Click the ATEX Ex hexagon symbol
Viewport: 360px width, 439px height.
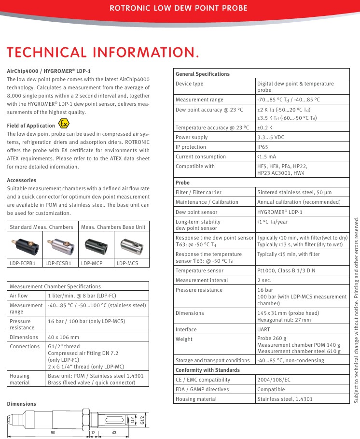(x=63, y=124)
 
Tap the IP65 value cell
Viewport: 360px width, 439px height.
(x=263, y=147)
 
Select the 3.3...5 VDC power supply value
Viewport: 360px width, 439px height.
(x=270, y=137)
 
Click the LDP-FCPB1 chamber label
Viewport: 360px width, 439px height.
(x=23, y=263)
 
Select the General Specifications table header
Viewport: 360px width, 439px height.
(x=203, y=74)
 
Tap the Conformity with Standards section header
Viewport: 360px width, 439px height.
(x=208, y=370)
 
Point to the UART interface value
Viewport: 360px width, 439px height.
(x=263, y=329)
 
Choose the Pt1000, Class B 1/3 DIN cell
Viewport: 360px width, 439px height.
(x=286, y=270)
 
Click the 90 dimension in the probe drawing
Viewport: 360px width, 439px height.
(x=53, y=432)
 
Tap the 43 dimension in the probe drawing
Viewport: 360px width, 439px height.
(x=114, y=432)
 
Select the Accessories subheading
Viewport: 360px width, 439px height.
(x=21, y=180)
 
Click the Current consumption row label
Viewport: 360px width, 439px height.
(x=200, y=156)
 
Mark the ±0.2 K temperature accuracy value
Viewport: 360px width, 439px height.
(x=265, y=127)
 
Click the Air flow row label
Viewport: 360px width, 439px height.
(x=19, y=296)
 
